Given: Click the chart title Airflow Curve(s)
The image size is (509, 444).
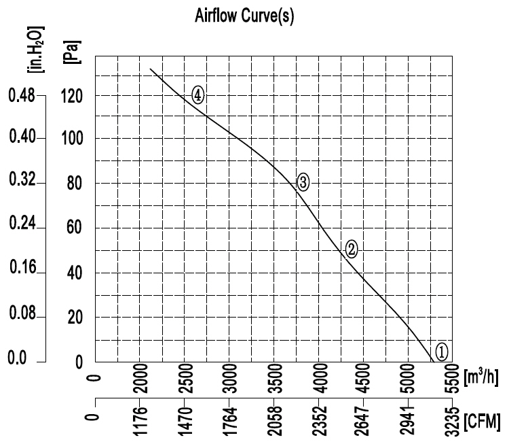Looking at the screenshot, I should tap(244, 16).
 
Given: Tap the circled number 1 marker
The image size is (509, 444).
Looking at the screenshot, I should tap(441, 351).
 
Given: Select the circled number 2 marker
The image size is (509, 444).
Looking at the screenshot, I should tap(351, 249).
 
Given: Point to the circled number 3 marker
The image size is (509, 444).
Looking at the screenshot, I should tap(303, 182).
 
